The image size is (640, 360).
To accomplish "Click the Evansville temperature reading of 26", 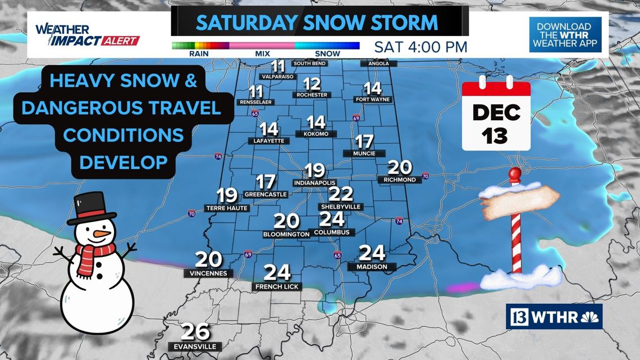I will pyautogui.click(x=196, y=332).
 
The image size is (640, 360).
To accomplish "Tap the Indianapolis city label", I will pyautogui.click(x=314, y=183).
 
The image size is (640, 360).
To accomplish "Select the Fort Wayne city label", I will pyautogui.click(x=373, y=99).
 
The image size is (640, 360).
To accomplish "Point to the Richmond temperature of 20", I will pyautogui.click(x=400, y=167).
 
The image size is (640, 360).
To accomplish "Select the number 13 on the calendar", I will pyautogui.click(x=496, y=135).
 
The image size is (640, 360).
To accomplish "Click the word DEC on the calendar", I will pyautogui.click(x=496, y=112).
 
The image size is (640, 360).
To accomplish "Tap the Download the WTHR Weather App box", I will pyautogui.click(x=565, y=34).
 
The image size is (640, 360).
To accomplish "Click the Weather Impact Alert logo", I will pyautogui.click(x=86, y=35).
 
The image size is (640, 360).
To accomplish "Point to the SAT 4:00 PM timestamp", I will pyautogui.click(x=420, y=47).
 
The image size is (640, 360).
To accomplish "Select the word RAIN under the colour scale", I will pyautogui.click(x=200, y=54).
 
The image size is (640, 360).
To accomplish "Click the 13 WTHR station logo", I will pyautogui.click(x=554, y=317).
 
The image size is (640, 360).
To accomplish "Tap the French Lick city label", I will pyautogui.click(x=277, y=286).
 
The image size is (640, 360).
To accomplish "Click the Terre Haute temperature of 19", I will pyautogui.click(x=227, y=195).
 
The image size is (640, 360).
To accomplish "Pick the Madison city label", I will pyautogui.click(x=372, y=267).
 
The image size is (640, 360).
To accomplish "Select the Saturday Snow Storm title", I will pyautogui.click(x=317, y=23).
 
